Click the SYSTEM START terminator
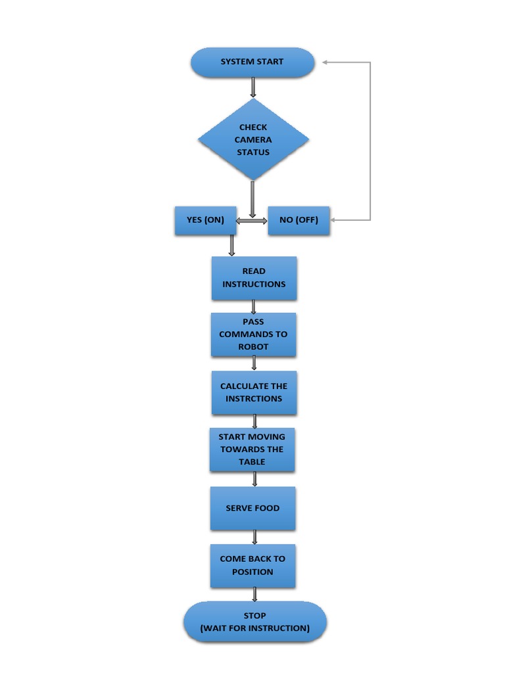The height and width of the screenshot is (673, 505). (x=252, y=62)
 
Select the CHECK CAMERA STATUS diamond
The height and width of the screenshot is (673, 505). (x=253, y=139)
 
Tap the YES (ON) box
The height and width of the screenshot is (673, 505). (x=205, y=220)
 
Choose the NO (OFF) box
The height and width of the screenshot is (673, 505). (x=299, y=220)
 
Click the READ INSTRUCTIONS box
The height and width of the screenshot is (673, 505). (x=254, y=278)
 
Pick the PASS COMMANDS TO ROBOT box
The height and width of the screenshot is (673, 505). (x=253, y=335)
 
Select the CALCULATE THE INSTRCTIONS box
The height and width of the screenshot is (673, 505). (x=254, y=392)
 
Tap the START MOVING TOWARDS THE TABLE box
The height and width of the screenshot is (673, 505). (x=252, y=450)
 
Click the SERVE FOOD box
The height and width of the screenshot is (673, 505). (x=252, y=508)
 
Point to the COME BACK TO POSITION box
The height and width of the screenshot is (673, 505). (x=252, y=565)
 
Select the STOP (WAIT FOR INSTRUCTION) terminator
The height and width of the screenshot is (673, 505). (x=255, y=622)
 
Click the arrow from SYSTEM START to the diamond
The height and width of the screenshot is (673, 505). (x=253, y=87)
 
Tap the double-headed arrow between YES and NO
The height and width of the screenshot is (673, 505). (x=251, y=221)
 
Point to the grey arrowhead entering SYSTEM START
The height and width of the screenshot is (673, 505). (x=326, y=62)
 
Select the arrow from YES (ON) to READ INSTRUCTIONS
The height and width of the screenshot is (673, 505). (x=231, y=245)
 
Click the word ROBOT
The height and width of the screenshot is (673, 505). (x=253, y=346)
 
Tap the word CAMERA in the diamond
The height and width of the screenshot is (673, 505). (x=253, y=139)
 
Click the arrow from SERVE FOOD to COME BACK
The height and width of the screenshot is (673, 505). (x=254, y=537)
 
